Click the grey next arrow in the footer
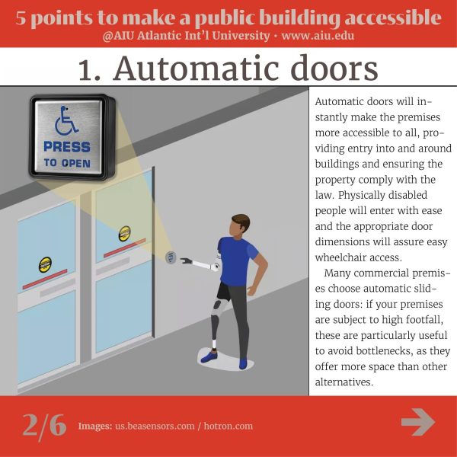point(418,422)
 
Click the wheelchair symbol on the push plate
point(66,120)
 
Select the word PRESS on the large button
point(67,147)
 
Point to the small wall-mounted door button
point(171,257)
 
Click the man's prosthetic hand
point(186,260)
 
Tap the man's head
point(240,226)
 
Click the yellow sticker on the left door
point(45,264)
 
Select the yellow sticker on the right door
point(125,234)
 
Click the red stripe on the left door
point(45,280)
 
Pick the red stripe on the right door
point(125,248)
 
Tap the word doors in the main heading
point(334,68)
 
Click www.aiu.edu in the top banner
point(318,36)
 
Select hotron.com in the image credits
point(228,426)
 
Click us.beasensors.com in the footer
point(155,426)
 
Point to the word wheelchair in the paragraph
point(343,257)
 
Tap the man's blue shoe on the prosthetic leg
point(209,356)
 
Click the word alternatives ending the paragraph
point(344,382)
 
